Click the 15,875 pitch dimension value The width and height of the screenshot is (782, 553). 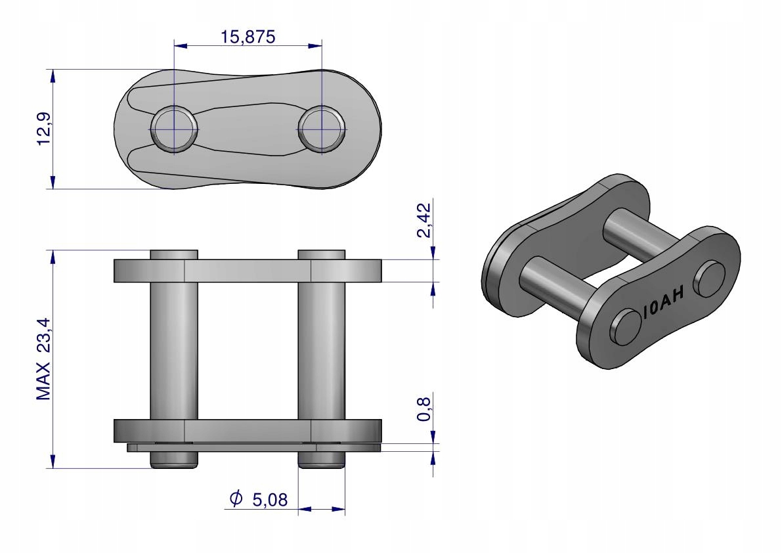click(x=248, y=37)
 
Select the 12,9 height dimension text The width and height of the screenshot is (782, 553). click(x=44, y=129)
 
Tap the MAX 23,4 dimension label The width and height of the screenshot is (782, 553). click(x=44, y=359)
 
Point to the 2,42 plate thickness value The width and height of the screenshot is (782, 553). click(x=424, y=220)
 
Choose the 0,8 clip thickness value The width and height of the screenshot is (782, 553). click(x=424, y=409)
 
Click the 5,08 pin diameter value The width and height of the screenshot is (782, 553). click(x=270, y=500)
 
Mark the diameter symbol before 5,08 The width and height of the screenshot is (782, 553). click(x=236, y=498)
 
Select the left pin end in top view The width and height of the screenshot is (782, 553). click(x=173, y=129)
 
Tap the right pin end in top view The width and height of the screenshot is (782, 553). click(x=322, y=129)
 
